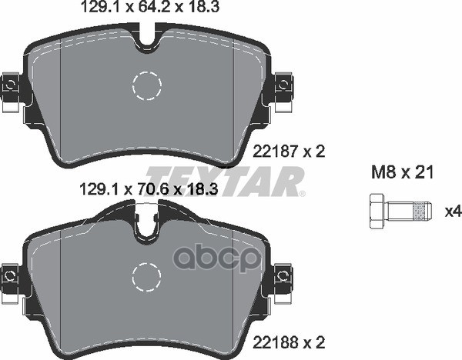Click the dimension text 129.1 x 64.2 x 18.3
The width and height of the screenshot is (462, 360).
coord(151,10)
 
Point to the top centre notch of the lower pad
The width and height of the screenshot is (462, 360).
coord(146,223)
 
